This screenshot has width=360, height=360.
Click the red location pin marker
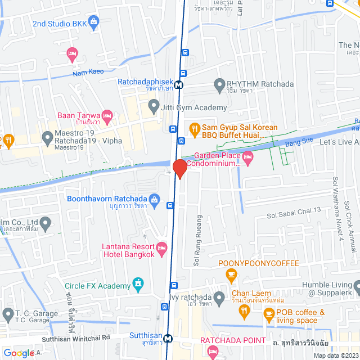click(x=179, y=168)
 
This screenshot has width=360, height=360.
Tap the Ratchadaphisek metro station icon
click(x=178, y=85)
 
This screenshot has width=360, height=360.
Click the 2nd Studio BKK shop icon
click(x=93, y=23)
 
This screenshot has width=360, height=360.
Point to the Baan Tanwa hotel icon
click(x=108, y=116)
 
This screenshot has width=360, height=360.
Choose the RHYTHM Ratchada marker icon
click(x=219, y=84)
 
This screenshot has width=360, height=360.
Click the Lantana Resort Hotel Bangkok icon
click(x=162, y=247)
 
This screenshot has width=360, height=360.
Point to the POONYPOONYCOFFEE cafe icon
click(x=231, y=276)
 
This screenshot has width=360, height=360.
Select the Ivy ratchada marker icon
click(x=219, y=296)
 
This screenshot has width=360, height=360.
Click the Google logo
click(x=19, y=353)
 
